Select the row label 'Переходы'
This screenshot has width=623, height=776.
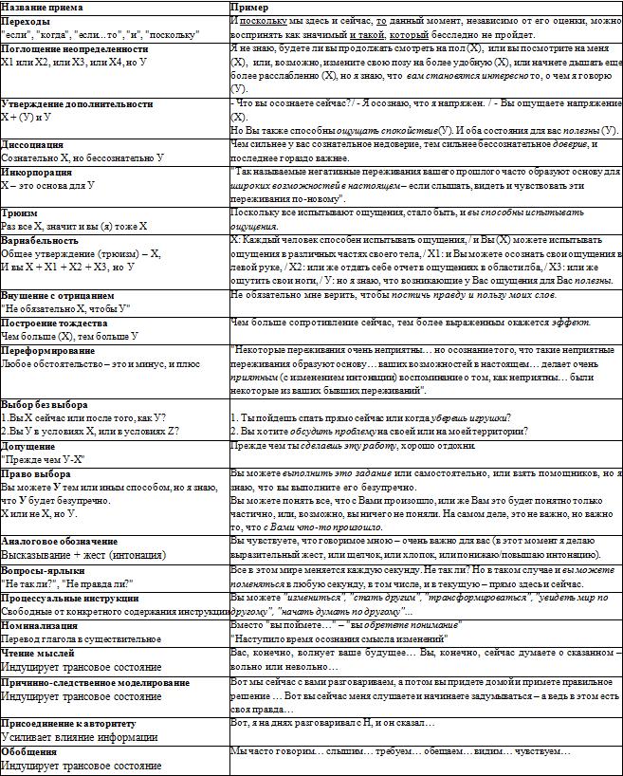28,20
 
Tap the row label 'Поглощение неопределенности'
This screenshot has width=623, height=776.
75,47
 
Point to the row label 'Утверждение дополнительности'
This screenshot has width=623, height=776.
77,102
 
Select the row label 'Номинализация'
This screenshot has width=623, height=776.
47,626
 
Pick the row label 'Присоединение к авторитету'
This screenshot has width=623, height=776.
68,723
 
